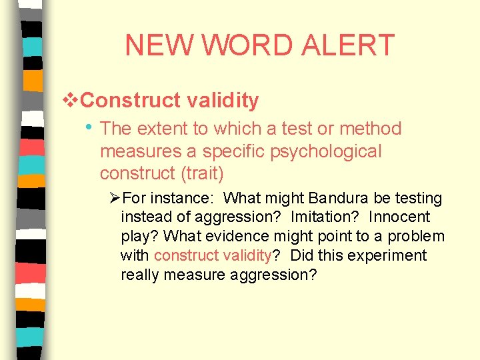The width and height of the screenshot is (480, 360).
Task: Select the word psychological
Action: point(325,151)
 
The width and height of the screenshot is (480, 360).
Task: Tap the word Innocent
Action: point(399,217)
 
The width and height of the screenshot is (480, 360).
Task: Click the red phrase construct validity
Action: point(213,256)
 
